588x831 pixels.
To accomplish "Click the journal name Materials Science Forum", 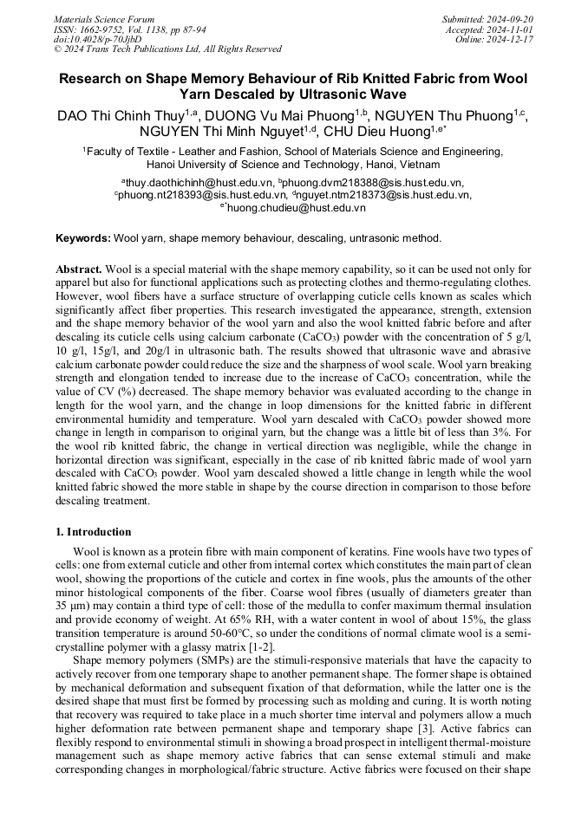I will pos(104,19).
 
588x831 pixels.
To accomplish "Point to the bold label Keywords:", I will pos(82,238).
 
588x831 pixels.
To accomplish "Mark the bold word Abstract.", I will pos(79,270).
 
